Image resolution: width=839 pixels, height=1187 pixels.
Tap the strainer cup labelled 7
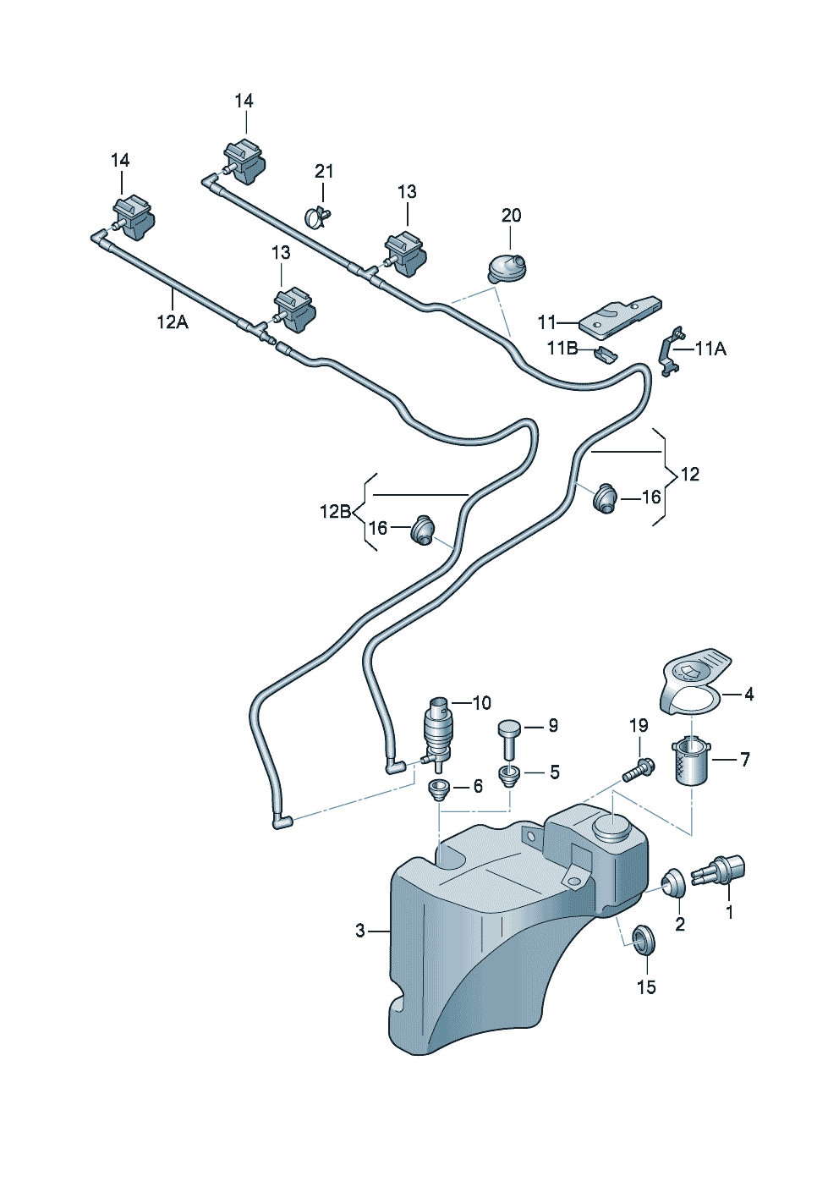[691, 761]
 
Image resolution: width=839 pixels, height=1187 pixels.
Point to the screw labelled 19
[639, 771]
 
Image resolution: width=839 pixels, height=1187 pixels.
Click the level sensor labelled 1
[719, 871]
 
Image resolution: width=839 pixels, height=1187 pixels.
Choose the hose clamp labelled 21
[317, 217]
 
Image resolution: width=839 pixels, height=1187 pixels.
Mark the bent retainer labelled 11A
[671, 352]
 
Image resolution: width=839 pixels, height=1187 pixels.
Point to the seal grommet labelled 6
[437, 792]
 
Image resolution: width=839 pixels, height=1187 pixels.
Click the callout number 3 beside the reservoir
[360, 931]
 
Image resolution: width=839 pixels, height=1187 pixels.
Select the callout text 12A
[172, 322]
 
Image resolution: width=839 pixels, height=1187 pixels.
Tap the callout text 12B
[335, 512]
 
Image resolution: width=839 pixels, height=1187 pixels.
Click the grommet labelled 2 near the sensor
[674, 885]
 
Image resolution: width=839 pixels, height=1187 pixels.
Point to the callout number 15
[646, 987]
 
